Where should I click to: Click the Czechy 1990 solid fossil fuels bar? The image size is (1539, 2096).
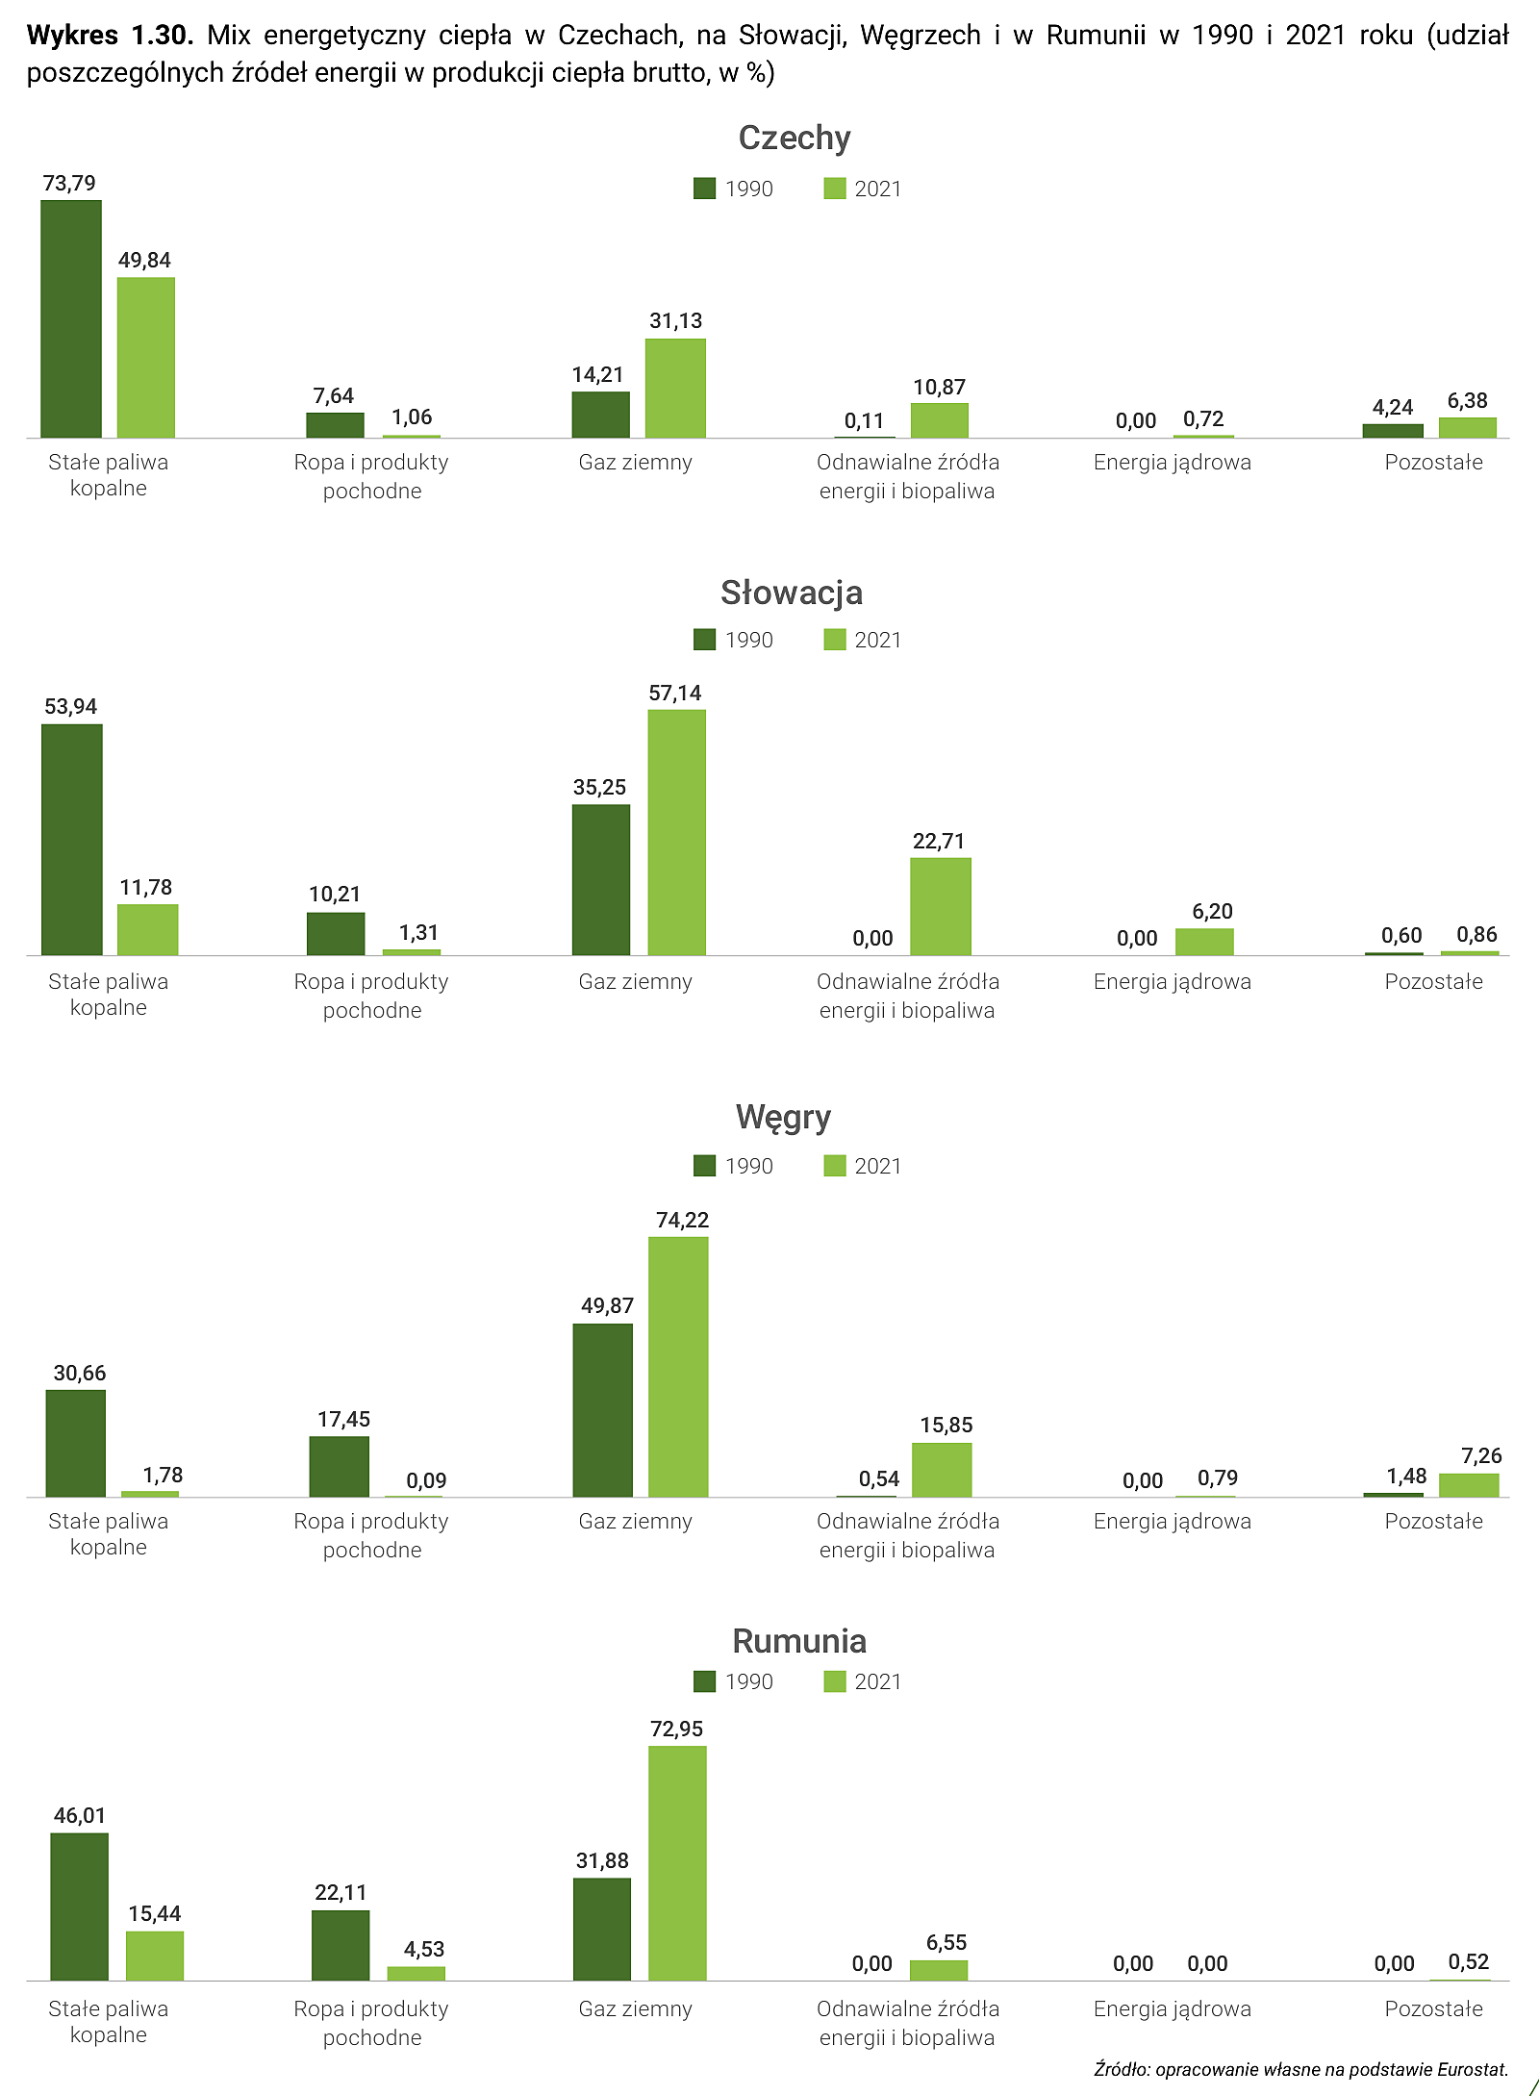pyautogui.click(x=71, y=319)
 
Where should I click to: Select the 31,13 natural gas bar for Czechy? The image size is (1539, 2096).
pyautogui.click(x=675, y=389)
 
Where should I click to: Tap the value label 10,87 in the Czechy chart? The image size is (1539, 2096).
pyautogui.click(x=939, y=387)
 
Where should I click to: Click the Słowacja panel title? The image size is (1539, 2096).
pyautogui.click(x=792, y=593)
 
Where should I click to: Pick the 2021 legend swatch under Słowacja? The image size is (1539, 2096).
pyautogui.click(x=835, y=640)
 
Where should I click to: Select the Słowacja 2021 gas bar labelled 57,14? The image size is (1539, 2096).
pyautogui.click(x=676, y=833)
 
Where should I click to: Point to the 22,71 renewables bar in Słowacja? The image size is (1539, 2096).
pyautogui.click(x=941, y=907)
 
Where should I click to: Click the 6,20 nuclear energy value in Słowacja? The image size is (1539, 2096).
pyautogui.click(x=1212, y=911)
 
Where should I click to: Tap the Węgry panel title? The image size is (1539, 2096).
pyautogui.click(x=783, y=1117)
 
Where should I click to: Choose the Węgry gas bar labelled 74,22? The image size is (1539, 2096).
pyautogui.click(x=678, y=1367)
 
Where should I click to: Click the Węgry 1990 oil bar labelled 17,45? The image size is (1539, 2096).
pyautogui.click(x=339, y=1467)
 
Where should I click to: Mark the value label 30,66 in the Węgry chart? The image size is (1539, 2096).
pyautogui.click(x=80, y=1373)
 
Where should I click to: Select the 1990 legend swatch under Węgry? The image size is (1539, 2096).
pyautogui.click(x=704, y=1166)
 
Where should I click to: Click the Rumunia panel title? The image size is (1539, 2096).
pyautogui.click(x=799, y=1640)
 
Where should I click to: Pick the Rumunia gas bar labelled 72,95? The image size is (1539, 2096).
pyautogui.click(x=677, y=1863)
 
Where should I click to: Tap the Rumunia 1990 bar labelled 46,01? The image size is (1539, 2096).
pyautogui.click(x=79, y=1907)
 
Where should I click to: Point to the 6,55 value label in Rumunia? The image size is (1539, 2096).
pyautogui.click(x=946, y=1942)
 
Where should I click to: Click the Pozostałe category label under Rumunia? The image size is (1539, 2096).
pyautogui.click(x=1433, y=2008)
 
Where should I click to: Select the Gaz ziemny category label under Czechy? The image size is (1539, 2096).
pyautogui.click(x=635, y=463)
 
